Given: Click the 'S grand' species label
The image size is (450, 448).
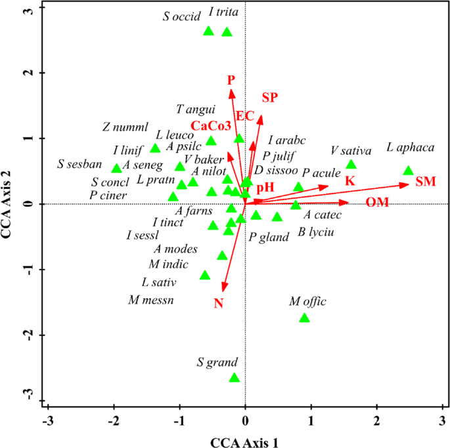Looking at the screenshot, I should point(217,362).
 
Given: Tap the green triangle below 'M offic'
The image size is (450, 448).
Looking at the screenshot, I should point(304,318).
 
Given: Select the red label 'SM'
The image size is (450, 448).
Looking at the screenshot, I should point(426,181).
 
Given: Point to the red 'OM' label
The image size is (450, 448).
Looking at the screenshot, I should point(378,202).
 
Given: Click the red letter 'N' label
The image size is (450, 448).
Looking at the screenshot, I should point(219,303).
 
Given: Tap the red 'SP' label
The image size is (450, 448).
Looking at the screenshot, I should point(269,98).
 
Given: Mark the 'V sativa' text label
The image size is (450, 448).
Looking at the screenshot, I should point(351,152).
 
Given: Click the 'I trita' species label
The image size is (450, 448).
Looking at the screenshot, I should point(223,12).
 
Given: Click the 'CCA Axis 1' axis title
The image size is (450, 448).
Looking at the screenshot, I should point(244,441).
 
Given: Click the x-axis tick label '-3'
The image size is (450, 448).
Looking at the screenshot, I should point(47,420).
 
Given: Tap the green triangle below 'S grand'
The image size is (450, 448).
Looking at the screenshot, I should point(235,378).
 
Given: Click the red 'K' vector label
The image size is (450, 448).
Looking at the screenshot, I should point(350,180).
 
